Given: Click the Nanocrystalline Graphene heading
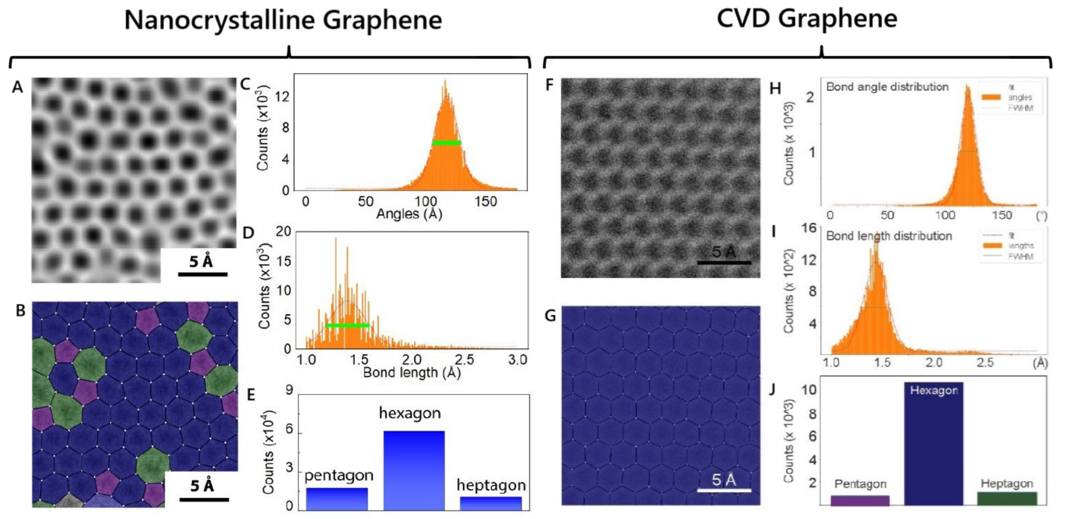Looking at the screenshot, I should (283, 21).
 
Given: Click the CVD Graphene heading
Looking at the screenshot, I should (807, 19).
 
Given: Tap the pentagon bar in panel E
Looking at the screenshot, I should (336, 499).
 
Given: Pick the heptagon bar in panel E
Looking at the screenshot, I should (491, 503).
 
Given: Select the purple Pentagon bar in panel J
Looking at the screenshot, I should (860, 501).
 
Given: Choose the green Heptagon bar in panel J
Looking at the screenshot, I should (1006, 498).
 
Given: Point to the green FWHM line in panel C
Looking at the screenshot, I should (446, 143).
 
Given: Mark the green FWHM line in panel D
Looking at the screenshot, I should (347, 325).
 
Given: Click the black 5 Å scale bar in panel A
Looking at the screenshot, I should (203, 274).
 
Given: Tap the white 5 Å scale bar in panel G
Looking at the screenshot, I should (724, 490).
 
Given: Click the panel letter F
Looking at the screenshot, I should (549, 85).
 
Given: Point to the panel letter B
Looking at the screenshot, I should (21, 311).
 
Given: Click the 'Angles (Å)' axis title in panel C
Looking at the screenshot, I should (409, 214).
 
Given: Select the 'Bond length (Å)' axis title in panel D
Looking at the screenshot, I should (412, 372).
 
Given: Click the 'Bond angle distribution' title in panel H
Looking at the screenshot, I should (887, 87).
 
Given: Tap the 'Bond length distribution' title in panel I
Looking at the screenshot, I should (888, 236).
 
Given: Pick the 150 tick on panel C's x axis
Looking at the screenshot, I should (485, 202).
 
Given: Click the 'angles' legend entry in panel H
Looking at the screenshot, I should (1019, 97).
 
